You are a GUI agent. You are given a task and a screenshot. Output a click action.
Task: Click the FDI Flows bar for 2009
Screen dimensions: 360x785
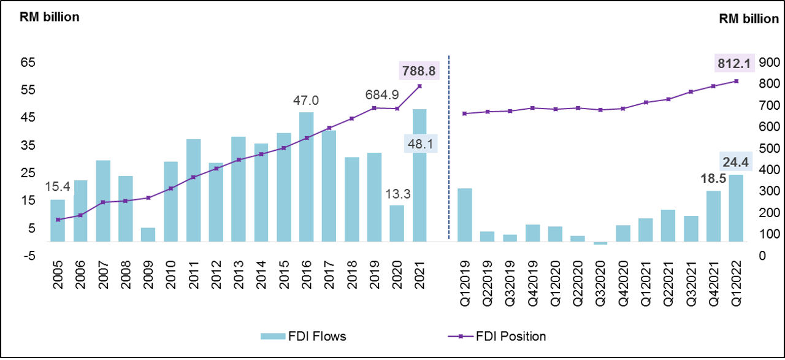point(148,235)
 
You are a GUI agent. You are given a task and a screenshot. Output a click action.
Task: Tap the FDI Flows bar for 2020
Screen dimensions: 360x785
point(397,223)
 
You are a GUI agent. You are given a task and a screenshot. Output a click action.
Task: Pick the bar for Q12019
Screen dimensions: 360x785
point(465,215)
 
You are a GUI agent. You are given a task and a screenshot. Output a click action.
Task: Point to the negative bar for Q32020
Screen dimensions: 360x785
point(600,243)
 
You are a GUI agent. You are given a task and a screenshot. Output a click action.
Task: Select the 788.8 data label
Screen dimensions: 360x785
point(419,72)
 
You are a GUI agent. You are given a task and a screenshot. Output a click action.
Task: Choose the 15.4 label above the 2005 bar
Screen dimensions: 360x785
point(58,186)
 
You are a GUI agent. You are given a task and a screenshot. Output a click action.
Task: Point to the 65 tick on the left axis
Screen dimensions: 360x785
point(29,63)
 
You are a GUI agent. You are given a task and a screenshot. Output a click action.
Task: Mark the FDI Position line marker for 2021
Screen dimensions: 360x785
point(419,86)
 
